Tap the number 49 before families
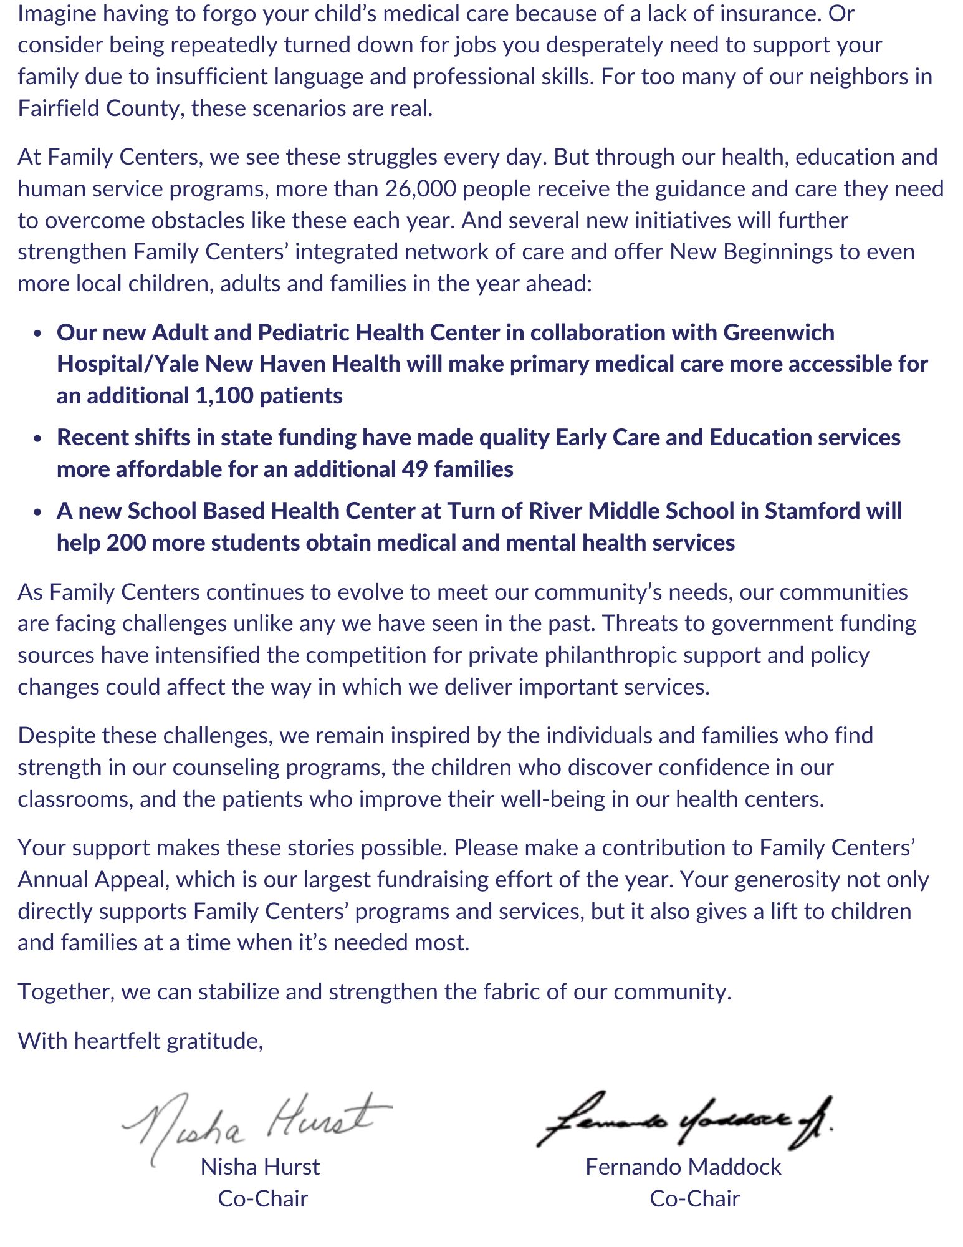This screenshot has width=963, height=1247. coord(414,469)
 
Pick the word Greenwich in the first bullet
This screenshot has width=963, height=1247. coord(779,333)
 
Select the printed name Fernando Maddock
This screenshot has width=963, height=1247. coord(683,1167)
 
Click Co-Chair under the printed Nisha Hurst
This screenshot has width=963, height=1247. coord(262,1199)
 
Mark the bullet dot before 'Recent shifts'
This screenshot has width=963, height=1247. coord(39,438)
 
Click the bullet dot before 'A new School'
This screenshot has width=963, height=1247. coord(39,512)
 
